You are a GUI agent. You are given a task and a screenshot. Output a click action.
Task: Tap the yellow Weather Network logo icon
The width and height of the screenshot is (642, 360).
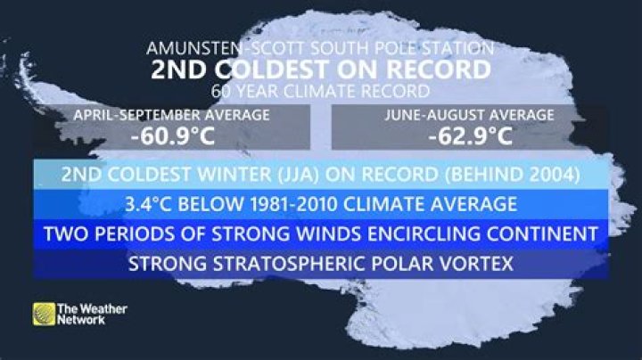(43, 315)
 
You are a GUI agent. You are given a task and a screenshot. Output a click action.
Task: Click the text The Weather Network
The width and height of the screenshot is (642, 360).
(91, 315)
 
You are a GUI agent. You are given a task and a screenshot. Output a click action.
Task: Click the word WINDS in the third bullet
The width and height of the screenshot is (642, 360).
(298, 234)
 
